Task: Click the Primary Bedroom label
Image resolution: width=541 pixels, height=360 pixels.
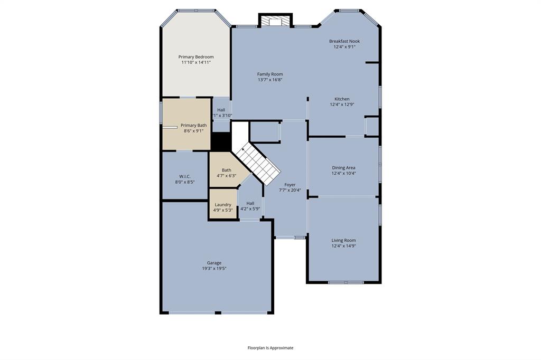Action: pyautogui.click(x=196, y=57)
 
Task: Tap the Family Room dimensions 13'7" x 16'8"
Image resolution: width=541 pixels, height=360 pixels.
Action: pyautogui.click(x=270, y=80)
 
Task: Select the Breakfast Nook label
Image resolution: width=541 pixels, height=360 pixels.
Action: pyautogui.click(x=344, y=41)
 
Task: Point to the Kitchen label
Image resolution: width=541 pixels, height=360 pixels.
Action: pyautogui.click(x=342, y=99)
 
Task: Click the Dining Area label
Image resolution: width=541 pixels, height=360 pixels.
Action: pyautogui.click(x=343, y=168)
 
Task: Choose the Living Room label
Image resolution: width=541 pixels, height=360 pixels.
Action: pyautogui.click(x=343, y=240)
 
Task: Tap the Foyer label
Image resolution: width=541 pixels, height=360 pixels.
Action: pyautogui.click(x=290, y=185)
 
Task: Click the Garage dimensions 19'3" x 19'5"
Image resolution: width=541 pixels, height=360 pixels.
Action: pyautogui.click(x=214, y=268)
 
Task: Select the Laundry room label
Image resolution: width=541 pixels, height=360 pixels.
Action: pyautogui.click(x=223, y=205)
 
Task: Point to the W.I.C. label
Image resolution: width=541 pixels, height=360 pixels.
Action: pyautogui.click(x=185, y=176)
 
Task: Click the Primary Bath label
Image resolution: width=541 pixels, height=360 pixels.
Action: pyautogui.click(x=193, y=126)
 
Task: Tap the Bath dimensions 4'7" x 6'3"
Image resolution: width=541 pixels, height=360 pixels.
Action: pyautogui.click(x=226, y=176)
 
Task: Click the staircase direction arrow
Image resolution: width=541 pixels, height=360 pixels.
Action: pyautogui.click(x=243, y=149)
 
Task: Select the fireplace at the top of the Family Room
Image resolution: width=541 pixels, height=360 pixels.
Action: pyautogui.click(x=276, y=20)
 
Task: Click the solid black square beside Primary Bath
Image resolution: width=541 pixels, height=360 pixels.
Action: pyautogui.click(x=221, y=141)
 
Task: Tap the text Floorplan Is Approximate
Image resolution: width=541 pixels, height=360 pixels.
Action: pyautogui.click(x=270, y=348)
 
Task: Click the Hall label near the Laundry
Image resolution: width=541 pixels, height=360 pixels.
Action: pyautogui.click(x=250, y=203)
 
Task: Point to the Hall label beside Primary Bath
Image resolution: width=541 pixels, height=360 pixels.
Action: pyautogui.click(x=221, y=110)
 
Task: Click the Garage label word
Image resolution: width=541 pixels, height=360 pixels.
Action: pyautogui.click(x=214, y=263)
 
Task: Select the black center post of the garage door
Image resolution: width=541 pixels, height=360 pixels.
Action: pyautogui.click(x=218, y=313)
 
